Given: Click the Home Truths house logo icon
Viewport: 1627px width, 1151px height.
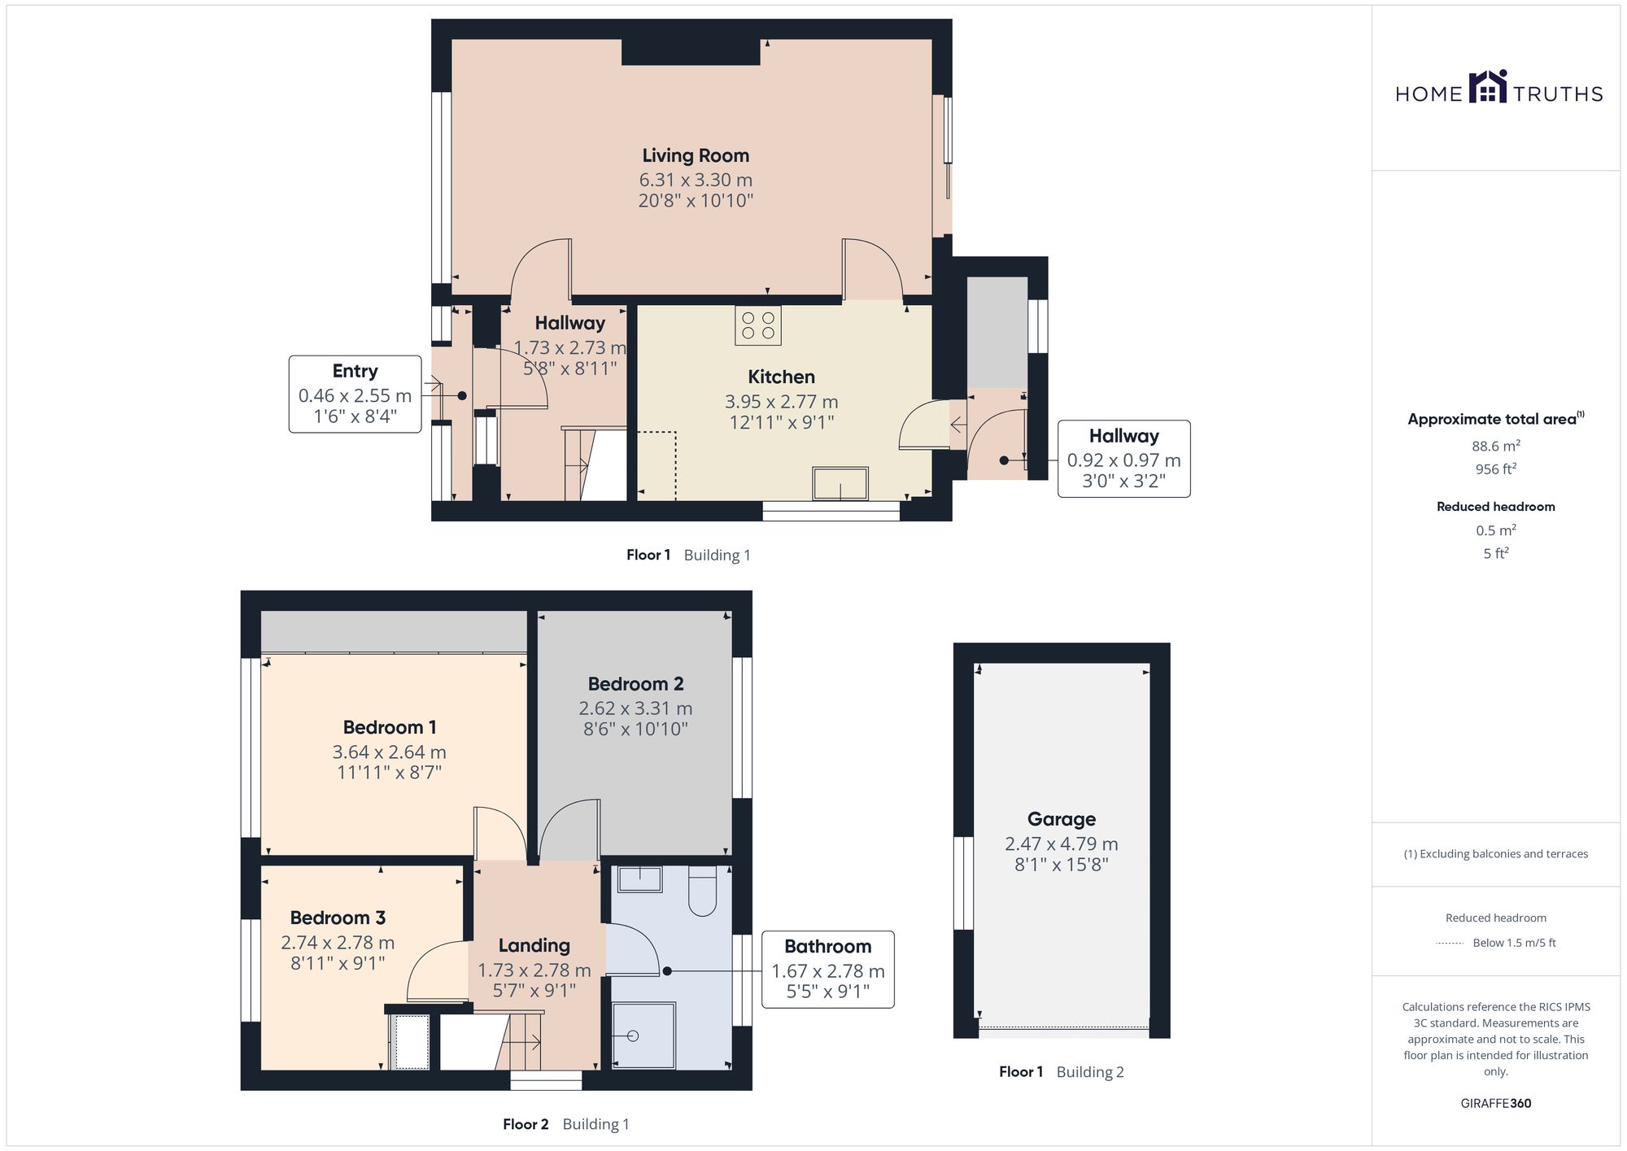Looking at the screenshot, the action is click(x=1488, y=86).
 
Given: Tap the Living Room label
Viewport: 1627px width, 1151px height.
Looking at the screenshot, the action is click(x=696, y=155).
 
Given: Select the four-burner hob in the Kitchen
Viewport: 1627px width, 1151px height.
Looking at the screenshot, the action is click(x=758, y=325).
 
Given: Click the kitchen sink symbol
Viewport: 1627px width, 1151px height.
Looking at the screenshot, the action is click(x=840, y=483).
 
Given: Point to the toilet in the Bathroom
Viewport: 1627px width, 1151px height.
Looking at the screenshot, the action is click(x=702, y=892).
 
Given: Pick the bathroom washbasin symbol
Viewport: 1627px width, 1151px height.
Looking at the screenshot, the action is click(x=640, y=879).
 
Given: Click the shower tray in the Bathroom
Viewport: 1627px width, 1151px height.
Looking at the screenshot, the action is click(x=643, y=1035).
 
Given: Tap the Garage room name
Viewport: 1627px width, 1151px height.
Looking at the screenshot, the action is click(x=1062, y=819).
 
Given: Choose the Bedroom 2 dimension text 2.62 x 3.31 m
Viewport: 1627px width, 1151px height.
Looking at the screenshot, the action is click(x=635, y=708).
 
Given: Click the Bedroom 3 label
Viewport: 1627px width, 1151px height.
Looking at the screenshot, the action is click(x=338, y=918).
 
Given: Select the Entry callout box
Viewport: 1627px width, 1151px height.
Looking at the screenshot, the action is click(x=355, y=394).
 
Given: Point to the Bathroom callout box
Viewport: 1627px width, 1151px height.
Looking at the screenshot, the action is click(x=828, y=970).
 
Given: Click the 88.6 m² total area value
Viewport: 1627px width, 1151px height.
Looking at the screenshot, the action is click(x=1496, y=446).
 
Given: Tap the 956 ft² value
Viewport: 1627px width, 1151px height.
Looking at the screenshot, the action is click(x=1496, y=469).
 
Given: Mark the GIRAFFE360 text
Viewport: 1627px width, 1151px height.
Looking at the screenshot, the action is click(x=1496, y=1104).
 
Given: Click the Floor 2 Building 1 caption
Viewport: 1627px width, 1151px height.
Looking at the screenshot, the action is click(x=566, y=1124).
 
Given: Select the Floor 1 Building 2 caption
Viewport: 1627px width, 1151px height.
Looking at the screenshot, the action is click(x=1062, y=1072).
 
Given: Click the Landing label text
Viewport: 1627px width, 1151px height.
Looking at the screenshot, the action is click(x=534, y=945).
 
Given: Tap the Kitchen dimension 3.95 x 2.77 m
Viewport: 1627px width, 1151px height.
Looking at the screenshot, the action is click(x=782, y=402).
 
